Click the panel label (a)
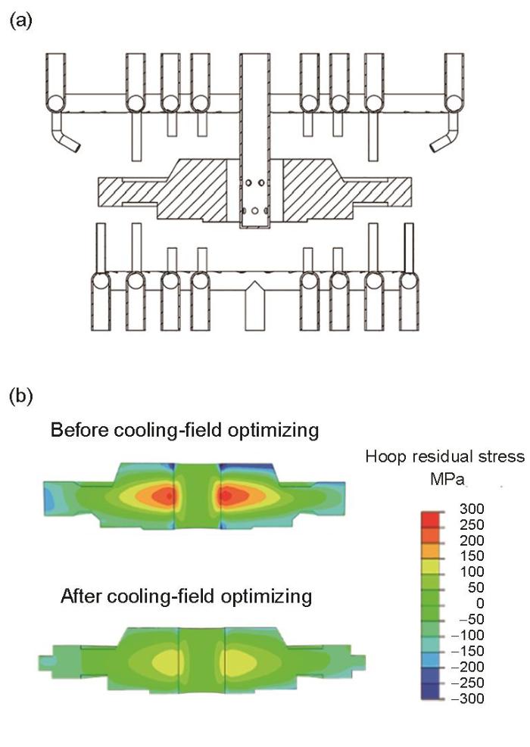tap(20, 21)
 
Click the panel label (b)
tap(20, 397)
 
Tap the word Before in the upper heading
tap(80, 430)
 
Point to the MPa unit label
tap(447, 479)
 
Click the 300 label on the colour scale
tap(472, 509)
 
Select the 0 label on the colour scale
tap(479, 604)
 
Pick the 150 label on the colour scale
tap(472, 556)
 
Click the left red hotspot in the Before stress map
tap(164, 496)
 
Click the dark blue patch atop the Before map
tap(247, 467)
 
